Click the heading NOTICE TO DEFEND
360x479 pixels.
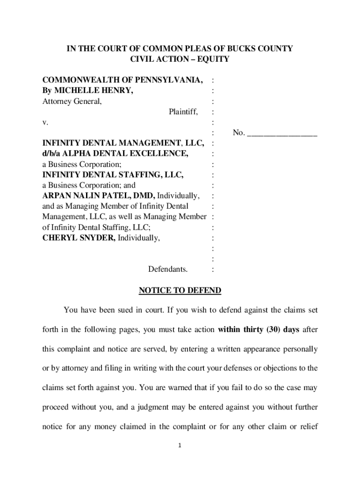point(180,290)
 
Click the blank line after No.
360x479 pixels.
point(282,133)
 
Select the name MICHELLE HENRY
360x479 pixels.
point(93,91)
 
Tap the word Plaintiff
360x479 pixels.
point(183,112)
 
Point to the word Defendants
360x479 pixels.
point(168,269)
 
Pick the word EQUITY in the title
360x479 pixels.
point(213,59)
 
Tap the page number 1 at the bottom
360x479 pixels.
point(180,445)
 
